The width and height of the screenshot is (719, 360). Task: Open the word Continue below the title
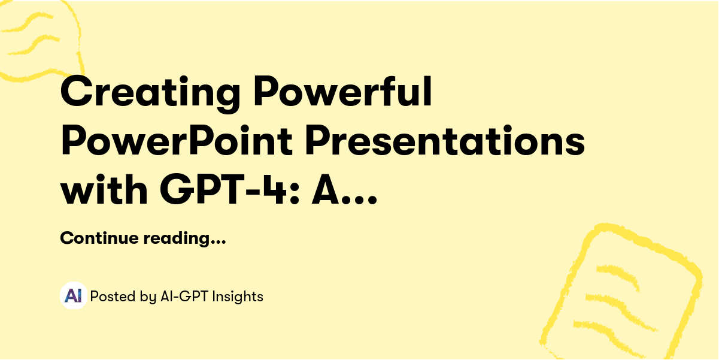pos(99,238)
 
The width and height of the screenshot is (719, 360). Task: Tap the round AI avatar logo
pos(74,296)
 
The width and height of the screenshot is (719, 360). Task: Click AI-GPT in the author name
pos(184,296)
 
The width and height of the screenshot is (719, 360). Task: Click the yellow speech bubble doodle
pos(39,39)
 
